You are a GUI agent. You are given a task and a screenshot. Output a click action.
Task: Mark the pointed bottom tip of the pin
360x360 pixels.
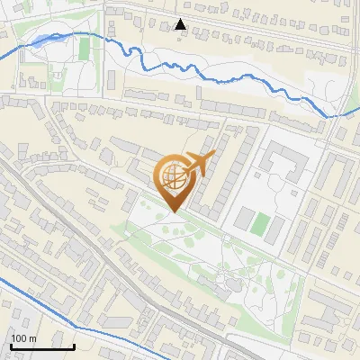pos(174,212)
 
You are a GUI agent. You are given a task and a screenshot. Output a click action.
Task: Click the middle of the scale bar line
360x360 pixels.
pos(41,346)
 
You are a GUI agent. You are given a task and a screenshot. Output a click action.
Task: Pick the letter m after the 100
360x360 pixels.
pos(33,338)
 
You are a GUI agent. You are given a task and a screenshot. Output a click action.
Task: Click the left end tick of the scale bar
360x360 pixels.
pos(10,345)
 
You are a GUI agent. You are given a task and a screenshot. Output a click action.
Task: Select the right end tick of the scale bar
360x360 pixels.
pos(74,345)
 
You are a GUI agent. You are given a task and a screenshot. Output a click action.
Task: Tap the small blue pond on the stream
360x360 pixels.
pos(43,40)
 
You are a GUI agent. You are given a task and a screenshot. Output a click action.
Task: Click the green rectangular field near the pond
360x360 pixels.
pos(84,49)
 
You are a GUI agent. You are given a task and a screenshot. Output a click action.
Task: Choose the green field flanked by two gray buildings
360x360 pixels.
pos(259,223)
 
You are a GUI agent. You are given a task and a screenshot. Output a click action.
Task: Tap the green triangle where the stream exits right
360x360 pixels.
pos(350,115)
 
